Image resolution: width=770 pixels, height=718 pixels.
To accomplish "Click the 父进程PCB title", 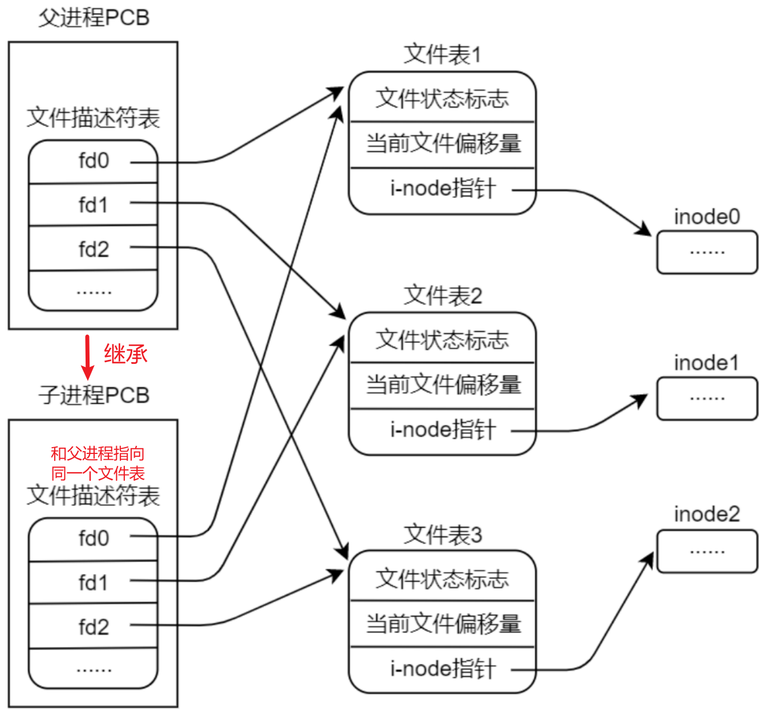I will [x=94, y=18].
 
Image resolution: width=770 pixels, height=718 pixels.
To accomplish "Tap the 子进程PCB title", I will [x=94, y=395].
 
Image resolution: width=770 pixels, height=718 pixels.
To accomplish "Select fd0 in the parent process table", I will [x=94, y=161].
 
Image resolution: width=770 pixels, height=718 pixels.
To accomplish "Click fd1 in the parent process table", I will [x=94, y=205].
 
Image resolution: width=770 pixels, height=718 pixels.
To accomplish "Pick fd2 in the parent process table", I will [x=94, y=249].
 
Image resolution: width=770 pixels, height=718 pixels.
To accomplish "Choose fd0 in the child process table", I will [x=94, y=538].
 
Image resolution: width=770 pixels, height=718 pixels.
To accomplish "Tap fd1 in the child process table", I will [x=94, y=583].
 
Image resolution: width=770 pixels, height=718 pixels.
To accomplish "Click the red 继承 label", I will [x=125, y=354].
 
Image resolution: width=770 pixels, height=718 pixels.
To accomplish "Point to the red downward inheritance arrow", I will [x=87, y=357].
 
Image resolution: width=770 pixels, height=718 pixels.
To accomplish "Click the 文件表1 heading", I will [x=443, y=55].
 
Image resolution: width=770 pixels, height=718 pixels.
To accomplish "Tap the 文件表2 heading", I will [x=443, y=296].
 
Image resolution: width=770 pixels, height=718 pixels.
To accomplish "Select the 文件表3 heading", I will [x=443, y=535].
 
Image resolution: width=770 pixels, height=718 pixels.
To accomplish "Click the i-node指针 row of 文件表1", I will [x=443, y=188].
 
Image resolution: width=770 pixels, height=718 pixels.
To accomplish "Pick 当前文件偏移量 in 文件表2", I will [x=443, y=384].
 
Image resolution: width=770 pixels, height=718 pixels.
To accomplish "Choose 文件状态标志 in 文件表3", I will [x=443, y=579].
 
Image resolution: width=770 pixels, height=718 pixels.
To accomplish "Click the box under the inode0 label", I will [x=707, y=252].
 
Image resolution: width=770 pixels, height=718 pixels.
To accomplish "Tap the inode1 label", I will [x=706, y=363].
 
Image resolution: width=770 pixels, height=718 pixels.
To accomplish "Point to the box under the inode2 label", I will [x=707, y=551].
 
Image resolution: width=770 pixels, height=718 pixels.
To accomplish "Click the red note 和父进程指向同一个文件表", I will [x=98, y=463].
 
